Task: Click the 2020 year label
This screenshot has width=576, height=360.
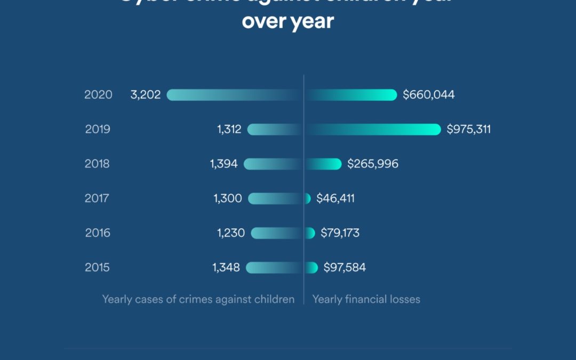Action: click(x=98, y=95)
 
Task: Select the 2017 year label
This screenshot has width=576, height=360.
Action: click(x=98, y=198)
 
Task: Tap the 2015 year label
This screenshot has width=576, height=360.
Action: click(x=98, y=268)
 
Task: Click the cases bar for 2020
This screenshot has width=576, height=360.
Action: click(x=235, y=95)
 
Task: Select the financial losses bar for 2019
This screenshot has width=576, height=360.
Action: click(x=373, y=130)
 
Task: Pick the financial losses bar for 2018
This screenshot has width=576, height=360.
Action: click(x=323, y=164)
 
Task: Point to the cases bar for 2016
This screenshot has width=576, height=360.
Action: click(x=277, y=233)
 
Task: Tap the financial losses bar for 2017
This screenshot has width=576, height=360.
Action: click(x=307, y=198)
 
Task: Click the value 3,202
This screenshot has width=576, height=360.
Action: click(x=146, y=95)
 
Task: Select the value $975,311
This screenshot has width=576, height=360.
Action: click(x=469, y=130)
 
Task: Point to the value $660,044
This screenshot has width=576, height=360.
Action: click(x=429, y=95)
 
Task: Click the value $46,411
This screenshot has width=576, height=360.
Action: click(x=335, y=198)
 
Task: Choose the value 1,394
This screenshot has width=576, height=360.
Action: click(x=224, y=164)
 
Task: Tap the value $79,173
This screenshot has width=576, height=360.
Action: click(x=340, y=233)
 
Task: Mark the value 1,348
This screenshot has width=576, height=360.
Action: click(x=226, y=268)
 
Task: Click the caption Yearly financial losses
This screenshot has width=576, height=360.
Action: click(x=366, y=299)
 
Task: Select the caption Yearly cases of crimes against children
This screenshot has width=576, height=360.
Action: click(x=198, y=299)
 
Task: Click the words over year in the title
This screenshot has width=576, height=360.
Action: click(x=288, y=21)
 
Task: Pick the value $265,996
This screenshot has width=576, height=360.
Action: click(x=373, y=164)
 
